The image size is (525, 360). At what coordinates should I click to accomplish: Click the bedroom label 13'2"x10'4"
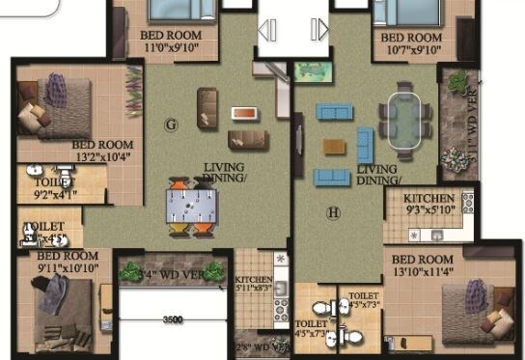click(102, 152)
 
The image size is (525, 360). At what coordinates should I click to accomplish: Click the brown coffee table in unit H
click(334, 147)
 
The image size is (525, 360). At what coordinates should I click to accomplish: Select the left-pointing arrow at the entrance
click(269, 32)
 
